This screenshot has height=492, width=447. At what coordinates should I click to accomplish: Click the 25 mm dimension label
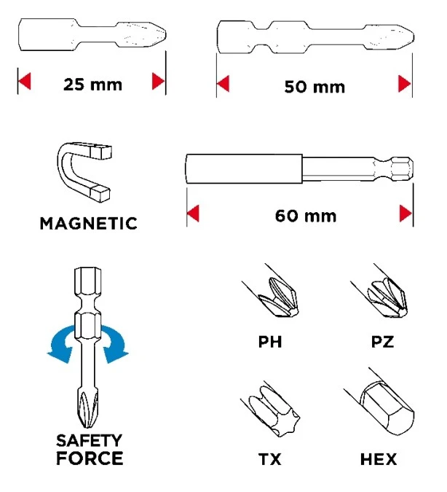click(x=92, y=83)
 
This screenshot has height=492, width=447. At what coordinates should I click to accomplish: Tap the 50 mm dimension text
click(x=314, y=87)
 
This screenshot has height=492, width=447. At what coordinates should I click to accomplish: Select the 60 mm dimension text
click(x=305, y=216)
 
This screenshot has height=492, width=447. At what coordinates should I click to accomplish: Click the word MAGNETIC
click(x=88, y=223)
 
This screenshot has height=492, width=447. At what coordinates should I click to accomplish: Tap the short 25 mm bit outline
click(x=92, y=36)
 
